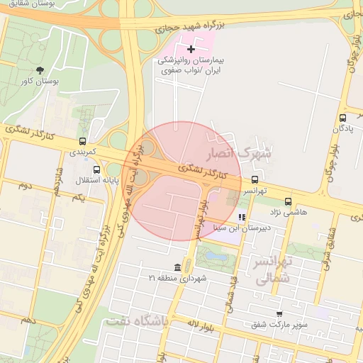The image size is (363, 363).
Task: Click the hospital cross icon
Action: coord(191,49)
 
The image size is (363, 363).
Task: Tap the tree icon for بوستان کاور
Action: coord(40,70)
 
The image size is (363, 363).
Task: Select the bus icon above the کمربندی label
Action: coord(83,140)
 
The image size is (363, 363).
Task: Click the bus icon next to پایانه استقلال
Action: coord(96,169)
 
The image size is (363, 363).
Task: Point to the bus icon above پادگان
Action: coord(343,118)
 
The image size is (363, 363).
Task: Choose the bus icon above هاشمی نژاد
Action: coord(287,201)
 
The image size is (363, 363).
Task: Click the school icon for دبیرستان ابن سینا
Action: coord(242,218)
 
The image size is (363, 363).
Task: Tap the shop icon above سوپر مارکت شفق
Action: coord(279,313)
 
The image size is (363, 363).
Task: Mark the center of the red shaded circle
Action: coord(181,181)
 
